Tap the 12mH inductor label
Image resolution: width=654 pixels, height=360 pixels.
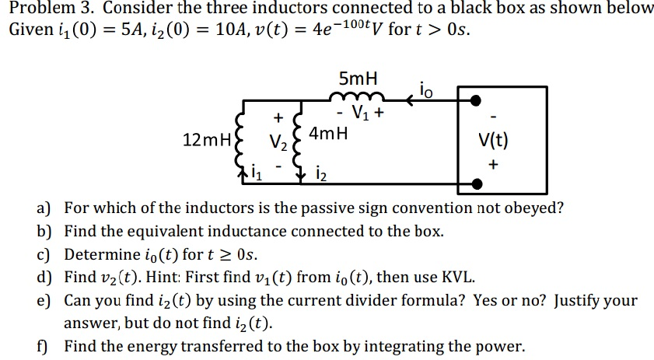(205, 141)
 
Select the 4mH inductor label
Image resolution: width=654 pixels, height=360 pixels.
(329, 133)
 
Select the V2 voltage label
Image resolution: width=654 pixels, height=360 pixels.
(277, 143)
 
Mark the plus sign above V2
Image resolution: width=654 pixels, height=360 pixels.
(278, 118)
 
